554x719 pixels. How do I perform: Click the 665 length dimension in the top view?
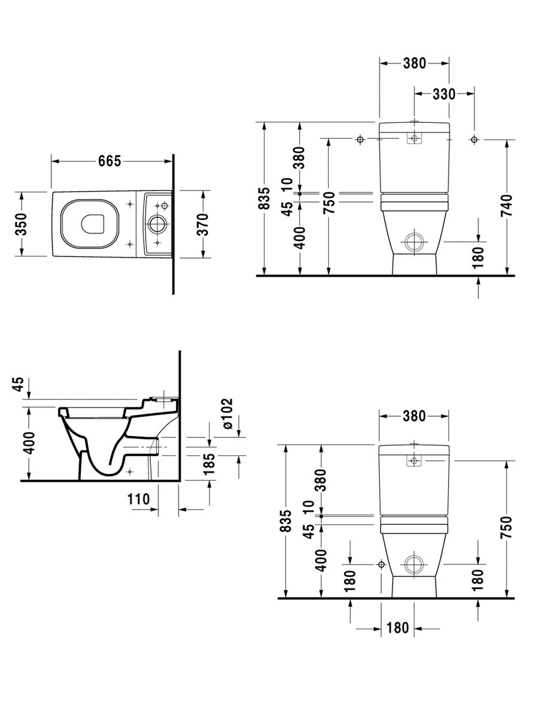click(110, 161)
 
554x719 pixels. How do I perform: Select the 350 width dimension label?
click(21, 224)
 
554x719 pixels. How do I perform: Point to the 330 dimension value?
click(444, 93)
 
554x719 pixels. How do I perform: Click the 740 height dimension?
click(507, 206)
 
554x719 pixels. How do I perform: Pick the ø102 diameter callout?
click(228, 414)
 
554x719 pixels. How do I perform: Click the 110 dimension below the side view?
click(138, 498)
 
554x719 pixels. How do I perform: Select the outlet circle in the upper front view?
click(414, 243)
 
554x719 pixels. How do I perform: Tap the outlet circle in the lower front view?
click(414, 564)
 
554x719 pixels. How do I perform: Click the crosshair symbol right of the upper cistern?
click(474, 140)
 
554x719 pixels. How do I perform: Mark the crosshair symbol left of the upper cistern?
click(360, 140)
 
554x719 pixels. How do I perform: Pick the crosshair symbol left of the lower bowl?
click(381, 564)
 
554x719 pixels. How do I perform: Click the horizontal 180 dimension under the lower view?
click(398, 628)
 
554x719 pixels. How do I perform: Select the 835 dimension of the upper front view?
click(264, 199)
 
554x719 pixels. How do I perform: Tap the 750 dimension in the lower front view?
click(507, 527)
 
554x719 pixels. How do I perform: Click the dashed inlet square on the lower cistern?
click(414, 461)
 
